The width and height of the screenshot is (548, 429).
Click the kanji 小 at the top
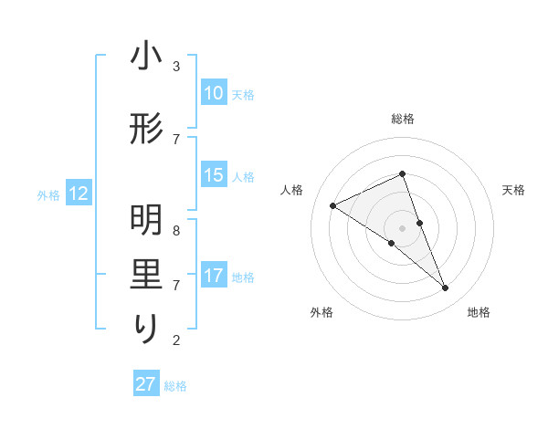[146, 58]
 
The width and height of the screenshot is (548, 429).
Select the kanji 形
[146, 131]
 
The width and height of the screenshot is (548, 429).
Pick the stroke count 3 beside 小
[175, 67]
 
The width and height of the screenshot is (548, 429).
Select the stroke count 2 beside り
[175, 340]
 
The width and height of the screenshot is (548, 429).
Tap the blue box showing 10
[214, 93]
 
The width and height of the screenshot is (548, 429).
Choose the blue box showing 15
[214, 175]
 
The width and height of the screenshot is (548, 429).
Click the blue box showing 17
[214, 276]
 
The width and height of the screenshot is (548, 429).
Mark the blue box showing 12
[79, 194]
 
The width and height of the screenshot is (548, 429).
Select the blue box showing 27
[146, 384]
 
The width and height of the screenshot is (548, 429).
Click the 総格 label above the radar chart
[402, 119]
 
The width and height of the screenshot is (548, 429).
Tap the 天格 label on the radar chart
[513, 190]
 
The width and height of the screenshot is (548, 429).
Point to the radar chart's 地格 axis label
[479, 312]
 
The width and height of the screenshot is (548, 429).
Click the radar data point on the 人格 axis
[332, 205]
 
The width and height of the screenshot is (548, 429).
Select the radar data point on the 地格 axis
[446, 288]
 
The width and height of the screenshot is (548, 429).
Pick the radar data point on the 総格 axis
[402, 173]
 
